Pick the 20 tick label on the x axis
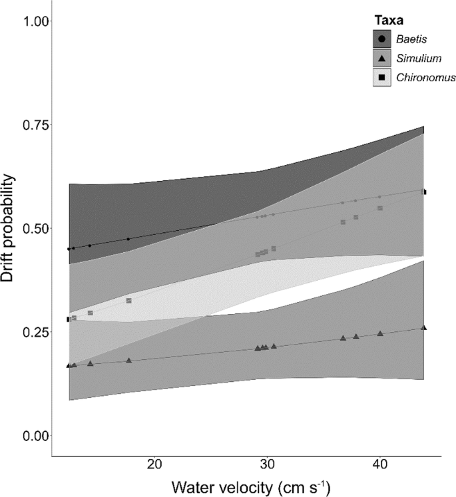pyautogui.click(x=155, y=463)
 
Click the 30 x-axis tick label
pyautogui.click(x=267, y=463)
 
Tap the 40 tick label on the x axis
pyautogui.click(x=379, y=463)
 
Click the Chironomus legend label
pyautogui.click(x=427, y=78)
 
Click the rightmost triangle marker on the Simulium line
pyautogui.click(x=424, y=327)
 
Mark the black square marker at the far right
pyautogui.click(x=424, y=192)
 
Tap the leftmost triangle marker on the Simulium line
pyautogui.click(x=69, y=365)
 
